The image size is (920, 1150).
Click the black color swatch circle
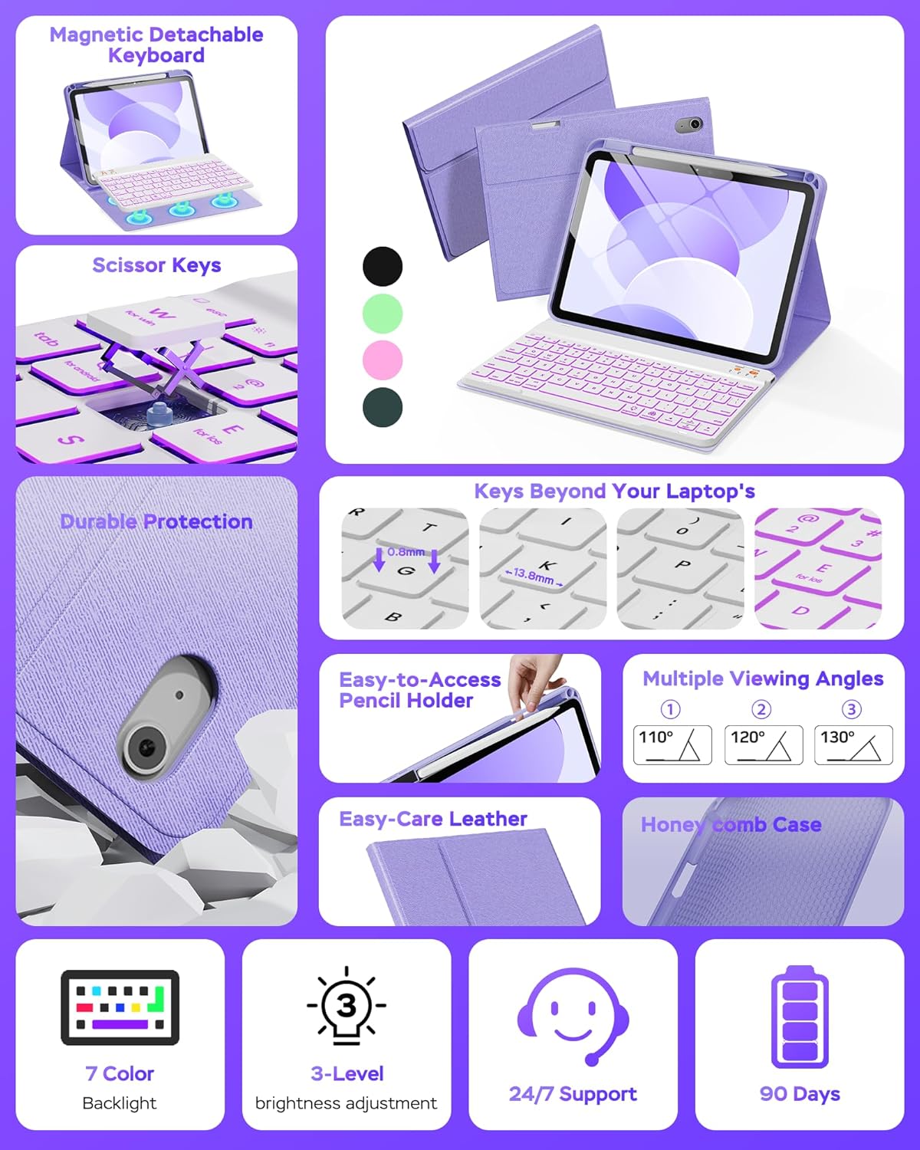tap(383, 267)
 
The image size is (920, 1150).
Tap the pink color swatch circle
tap(383, 360)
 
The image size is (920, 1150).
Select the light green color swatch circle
tap(383, 314)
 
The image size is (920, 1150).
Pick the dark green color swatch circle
tap(383, 407)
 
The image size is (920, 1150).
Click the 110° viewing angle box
tap(672, 744)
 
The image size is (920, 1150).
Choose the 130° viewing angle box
tap(853, 744)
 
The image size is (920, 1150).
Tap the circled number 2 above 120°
tap(761, 709)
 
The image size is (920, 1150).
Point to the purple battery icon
tap(800, 1017)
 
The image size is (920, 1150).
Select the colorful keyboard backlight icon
tap(120, 1007)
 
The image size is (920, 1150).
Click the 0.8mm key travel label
tap(406, 552)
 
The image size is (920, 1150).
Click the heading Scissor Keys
tap(156, 265)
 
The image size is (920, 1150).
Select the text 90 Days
tap(800, 1094)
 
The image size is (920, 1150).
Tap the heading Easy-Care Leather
tap(433, 819)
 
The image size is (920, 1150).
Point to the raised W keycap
tap(157, 318)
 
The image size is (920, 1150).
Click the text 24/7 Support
tap(573, 1094)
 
